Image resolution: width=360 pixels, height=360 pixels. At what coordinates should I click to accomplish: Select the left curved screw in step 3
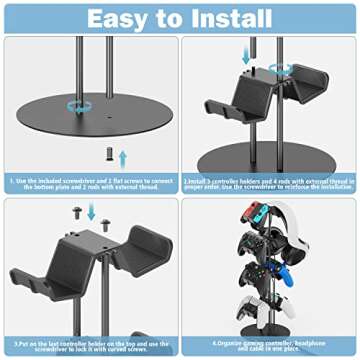pos(73,211)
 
